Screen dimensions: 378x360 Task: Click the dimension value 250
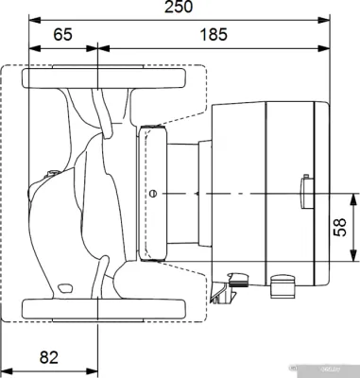pyautogui.click(x=178, y=9)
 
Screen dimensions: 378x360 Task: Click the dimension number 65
pyautogui.click(x=62, y=34)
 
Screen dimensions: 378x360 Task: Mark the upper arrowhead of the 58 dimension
pyautogui.click(x=356, y=196)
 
